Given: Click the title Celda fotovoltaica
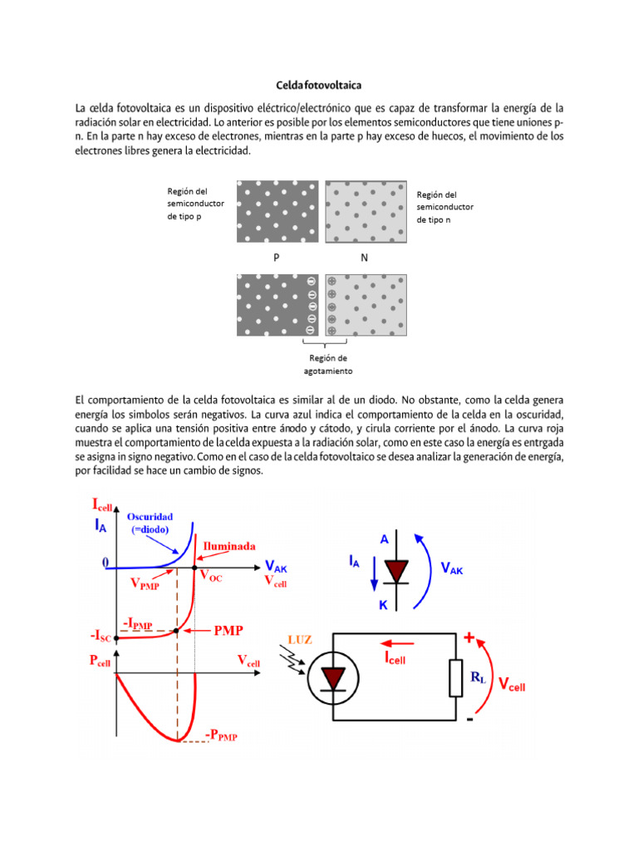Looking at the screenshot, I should (318, 85).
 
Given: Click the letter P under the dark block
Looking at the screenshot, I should (277, 258).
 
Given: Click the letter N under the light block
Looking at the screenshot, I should (364, 258).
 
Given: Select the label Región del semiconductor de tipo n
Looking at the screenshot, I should (444, 207).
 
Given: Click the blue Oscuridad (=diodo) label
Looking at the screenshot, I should (150, 523).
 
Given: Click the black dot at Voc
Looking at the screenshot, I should (194, 568).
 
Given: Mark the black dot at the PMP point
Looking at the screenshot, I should (177, 632).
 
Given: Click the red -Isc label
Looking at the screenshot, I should (101, 637).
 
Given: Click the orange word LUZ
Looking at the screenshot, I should (299, 639).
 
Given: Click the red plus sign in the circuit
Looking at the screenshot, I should (470, 637).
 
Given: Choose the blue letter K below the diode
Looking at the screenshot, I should (384, 605).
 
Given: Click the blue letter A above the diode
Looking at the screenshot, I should (385, 539).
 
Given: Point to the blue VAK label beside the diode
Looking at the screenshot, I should (452, 568).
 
